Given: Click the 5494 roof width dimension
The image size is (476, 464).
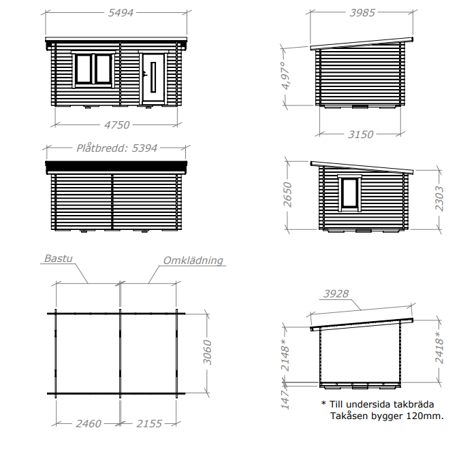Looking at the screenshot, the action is pyautogui.click(x=121, y=13).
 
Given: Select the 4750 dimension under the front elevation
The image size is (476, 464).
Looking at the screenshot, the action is pyautogui.click(x=117, y=125).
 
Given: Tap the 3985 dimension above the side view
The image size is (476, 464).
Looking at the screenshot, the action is pyautogui.click(x=362, y=13).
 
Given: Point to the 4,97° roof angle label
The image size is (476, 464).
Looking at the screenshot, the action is pyautogui.click(x=286, y=76).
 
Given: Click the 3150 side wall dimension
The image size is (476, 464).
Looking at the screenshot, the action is pyautogui.click(x=361, y=134).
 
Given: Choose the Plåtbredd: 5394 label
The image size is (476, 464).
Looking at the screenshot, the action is pyautogui.click(x=117, y=148).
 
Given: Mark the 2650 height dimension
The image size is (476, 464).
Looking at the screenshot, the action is pyautogui.click(x=287, y=195).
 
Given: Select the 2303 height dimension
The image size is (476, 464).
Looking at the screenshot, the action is pyautogui.click(x=439, y=199).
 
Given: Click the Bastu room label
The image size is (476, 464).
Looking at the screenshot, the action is pyautogui.click(x=59, y=259).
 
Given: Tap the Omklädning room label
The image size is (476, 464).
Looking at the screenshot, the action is pyautogui.click(x=193, y=261).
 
